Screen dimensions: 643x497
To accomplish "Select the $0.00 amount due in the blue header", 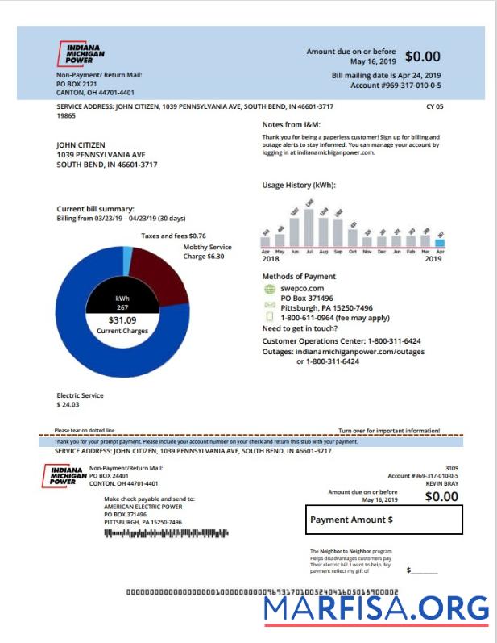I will point(422,56).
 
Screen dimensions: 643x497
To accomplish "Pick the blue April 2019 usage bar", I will point(440,242).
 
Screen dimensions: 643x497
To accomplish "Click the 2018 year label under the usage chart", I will point(271,259).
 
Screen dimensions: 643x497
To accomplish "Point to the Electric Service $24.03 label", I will point(80,399).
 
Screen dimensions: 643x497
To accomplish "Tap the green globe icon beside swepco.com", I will point(269,289).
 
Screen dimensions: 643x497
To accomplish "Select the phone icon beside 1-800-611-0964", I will point(269,317).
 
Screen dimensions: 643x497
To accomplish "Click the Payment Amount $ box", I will point(384,520).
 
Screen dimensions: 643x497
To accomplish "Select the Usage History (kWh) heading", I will point(299,186).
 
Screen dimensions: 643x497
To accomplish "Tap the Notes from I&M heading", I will point(296,125).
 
